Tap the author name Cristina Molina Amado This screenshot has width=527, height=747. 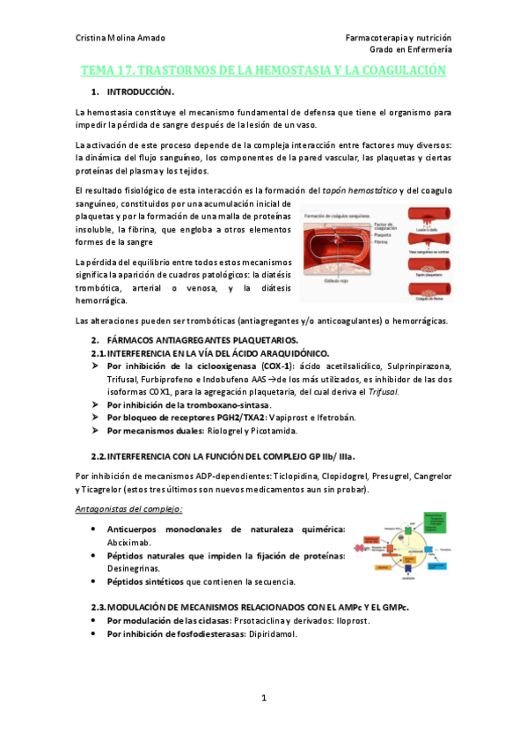pos(121,38)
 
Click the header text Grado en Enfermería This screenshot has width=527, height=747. pos(410,50)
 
